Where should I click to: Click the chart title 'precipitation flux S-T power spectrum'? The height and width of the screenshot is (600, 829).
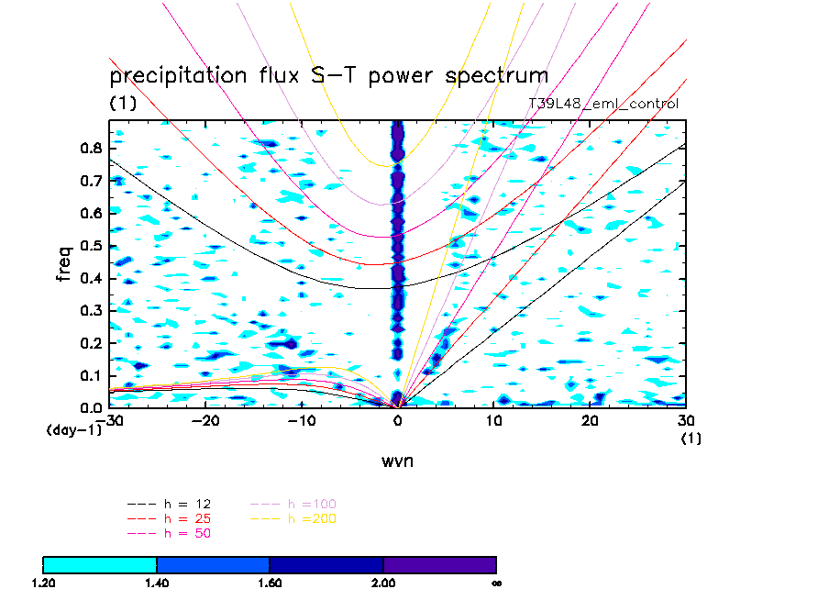[x=328, y=75]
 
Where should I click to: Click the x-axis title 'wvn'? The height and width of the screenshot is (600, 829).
[x=397, y=461]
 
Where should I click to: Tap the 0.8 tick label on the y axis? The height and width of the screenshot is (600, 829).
[x=90, y=148]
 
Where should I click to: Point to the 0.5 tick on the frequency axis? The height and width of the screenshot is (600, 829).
[x=90, y=246]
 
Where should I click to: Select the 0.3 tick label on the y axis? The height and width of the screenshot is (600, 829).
[x=90, y=311]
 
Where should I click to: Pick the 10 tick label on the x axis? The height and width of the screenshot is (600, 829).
[x=493, y=420]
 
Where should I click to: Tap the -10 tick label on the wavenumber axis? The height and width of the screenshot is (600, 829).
[x=299, y=420]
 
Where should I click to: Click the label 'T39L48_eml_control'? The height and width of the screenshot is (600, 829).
[x=603, y=104]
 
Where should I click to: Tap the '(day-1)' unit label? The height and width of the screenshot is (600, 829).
[x=74, y=429]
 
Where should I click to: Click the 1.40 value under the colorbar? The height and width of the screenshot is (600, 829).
[x=157, y=583]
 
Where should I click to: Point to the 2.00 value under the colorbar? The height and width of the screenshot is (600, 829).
[x=383, y=583]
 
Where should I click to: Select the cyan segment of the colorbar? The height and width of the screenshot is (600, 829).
[x=100, y=564]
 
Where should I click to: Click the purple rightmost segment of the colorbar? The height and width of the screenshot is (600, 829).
[x=439, y=564]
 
